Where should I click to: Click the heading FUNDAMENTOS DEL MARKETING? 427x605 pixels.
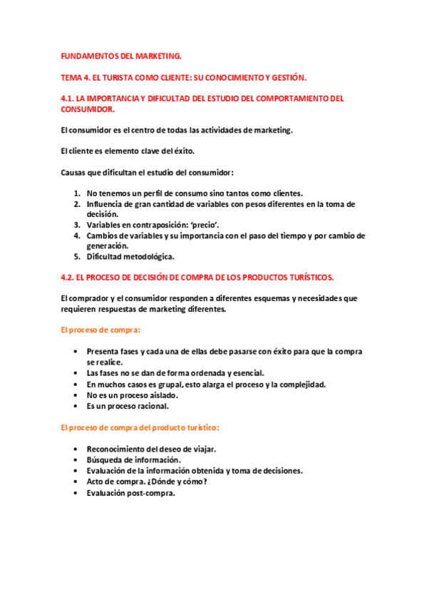pyautogui.click(x=121, y=55)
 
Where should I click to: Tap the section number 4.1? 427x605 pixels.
pyautogui.click(x=69, y=98)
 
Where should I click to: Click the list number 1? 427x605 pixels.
pyautogui.click(x=77, y=193)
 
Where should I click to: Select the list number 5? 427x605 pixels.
pyautogui.click(x=77, y=256)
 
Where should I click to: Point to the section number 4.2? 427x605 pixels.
pyautogui.click(x=69, y=277)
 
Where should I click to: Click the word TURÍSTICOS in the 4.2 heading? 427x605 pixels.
pyautogui.click(x=307, y=277)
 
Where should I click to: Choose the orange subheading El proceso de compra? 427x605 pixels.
pyautogui.click(x=101, y=330)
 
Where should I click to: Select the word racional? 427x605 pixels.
pyautogui.click(x=150, y=406)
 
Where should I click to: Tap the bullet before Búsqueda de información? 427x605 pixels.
pyautogui.click(x=76, y=459)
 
